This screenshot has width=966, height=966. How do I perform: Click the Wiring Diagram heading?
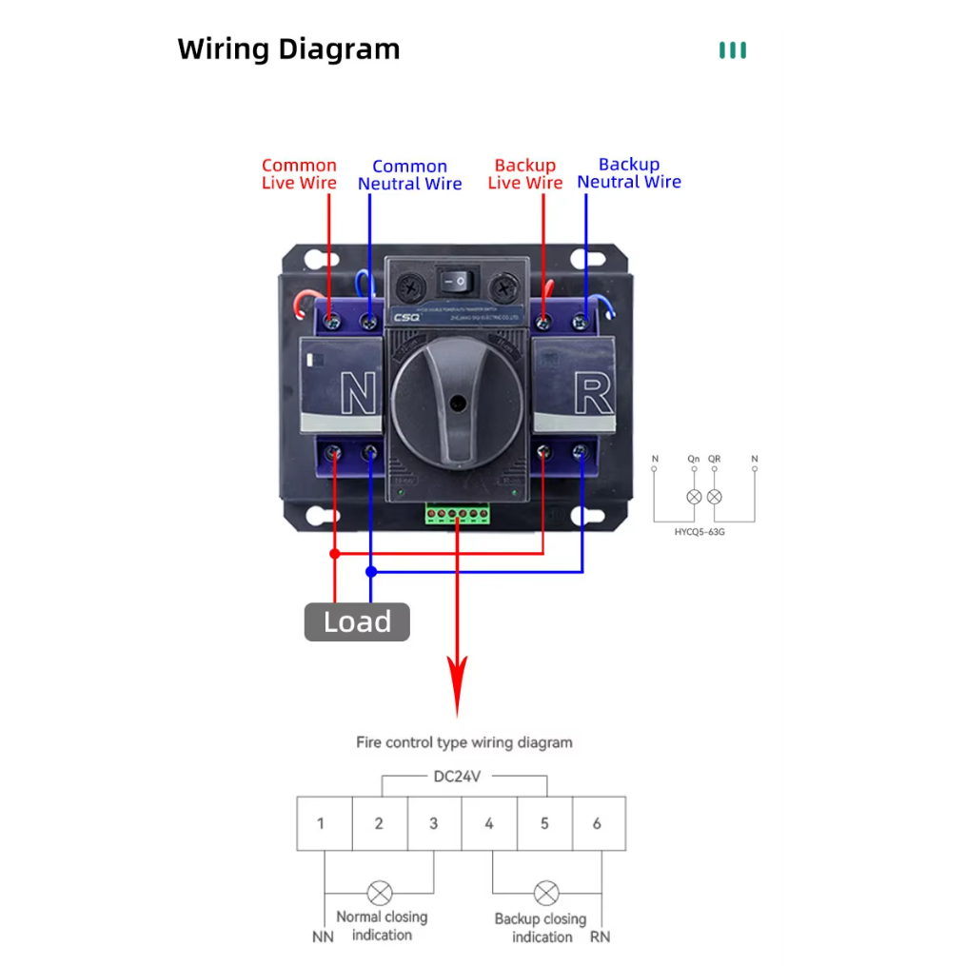point(288,49)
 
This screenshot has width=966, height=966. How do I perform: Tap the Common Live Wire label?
point(299,174)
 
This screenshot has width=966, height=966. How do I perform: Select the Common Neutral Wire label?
point(409,175)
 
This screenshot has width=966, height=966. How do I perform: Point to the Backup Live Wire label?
point(524,174)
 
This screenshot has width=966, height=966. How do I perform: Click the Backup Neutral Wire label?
point(629,173)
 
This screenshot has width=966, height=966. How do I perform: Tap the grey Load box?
point(357,621)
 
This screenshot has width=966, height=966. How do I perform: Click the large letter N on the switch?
point(358,393)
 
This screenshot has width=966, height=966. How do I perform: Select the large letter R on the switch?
point(592,392)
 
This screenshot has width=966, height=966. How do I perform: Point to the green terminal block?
point(459,515)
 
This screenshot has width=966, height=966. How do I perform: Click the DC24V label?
point(457,777)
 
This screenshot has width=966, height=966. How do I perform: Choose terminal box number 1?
point(322,823)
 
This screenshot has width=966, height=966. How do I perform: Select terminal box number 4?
point(489,823)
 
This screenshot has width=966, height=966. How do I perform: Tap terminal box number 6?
point(598,823)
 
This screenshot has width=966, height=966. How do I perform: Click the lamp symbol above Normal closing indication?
point(380,893)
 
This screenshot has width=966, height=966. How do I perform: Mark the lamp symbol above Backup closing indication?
point(545,893)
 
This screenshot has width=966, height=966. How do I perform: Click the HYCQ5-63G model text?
point(700,532)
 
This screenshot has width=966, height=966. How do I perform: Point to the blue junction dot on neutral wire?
point(371,571)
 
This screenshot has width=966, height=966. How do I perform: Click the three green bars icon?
point(733,50)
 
